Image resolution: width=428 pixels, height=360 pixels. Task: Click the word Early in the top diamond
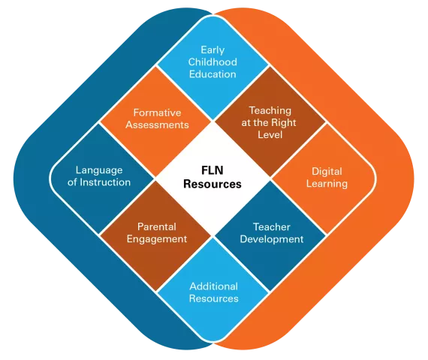[212, 50]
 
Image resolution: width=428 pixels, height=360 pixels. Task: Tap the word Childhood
[212, 62]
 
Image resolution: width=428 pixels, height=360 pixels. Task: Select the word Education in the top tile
[212, 74]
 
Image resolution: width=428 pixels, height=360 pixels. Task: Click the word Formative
[157, 112]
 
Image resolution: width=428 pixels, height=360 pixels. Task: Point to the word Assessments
[157, 125]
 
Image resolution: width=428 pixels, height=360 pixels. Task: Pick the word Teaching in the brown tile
[270, 110]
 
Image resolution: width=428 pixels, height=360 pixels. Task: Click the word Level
[270, 135]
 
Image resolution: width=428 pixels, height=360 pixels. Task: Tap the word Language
[99, 170]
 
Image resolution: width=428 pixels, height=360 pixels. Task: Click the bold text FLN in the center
[212, 170]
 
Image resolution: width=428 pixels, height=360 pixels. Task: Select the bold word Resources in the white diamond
[212, 184]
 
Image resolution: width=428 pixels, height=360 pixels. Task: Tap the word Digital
[327, 172]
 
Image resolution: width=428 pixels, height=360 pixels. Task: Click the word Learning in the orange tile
[327, 184]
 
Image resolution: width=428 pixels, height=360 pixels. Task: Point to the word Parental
[157, 226]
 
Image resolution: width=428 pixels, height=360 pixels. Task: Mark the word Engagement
[157, 239]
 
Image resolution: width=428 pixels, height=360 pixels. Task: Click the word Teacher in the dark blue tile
[272, 227]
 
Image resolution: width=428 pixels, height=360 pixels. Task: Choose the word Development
[272, 239]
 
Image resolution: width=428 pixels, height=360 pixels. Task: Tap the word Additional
[214, 286]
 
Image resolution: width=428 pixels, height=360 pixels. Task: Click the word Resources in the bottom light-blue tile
[214, 298]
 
